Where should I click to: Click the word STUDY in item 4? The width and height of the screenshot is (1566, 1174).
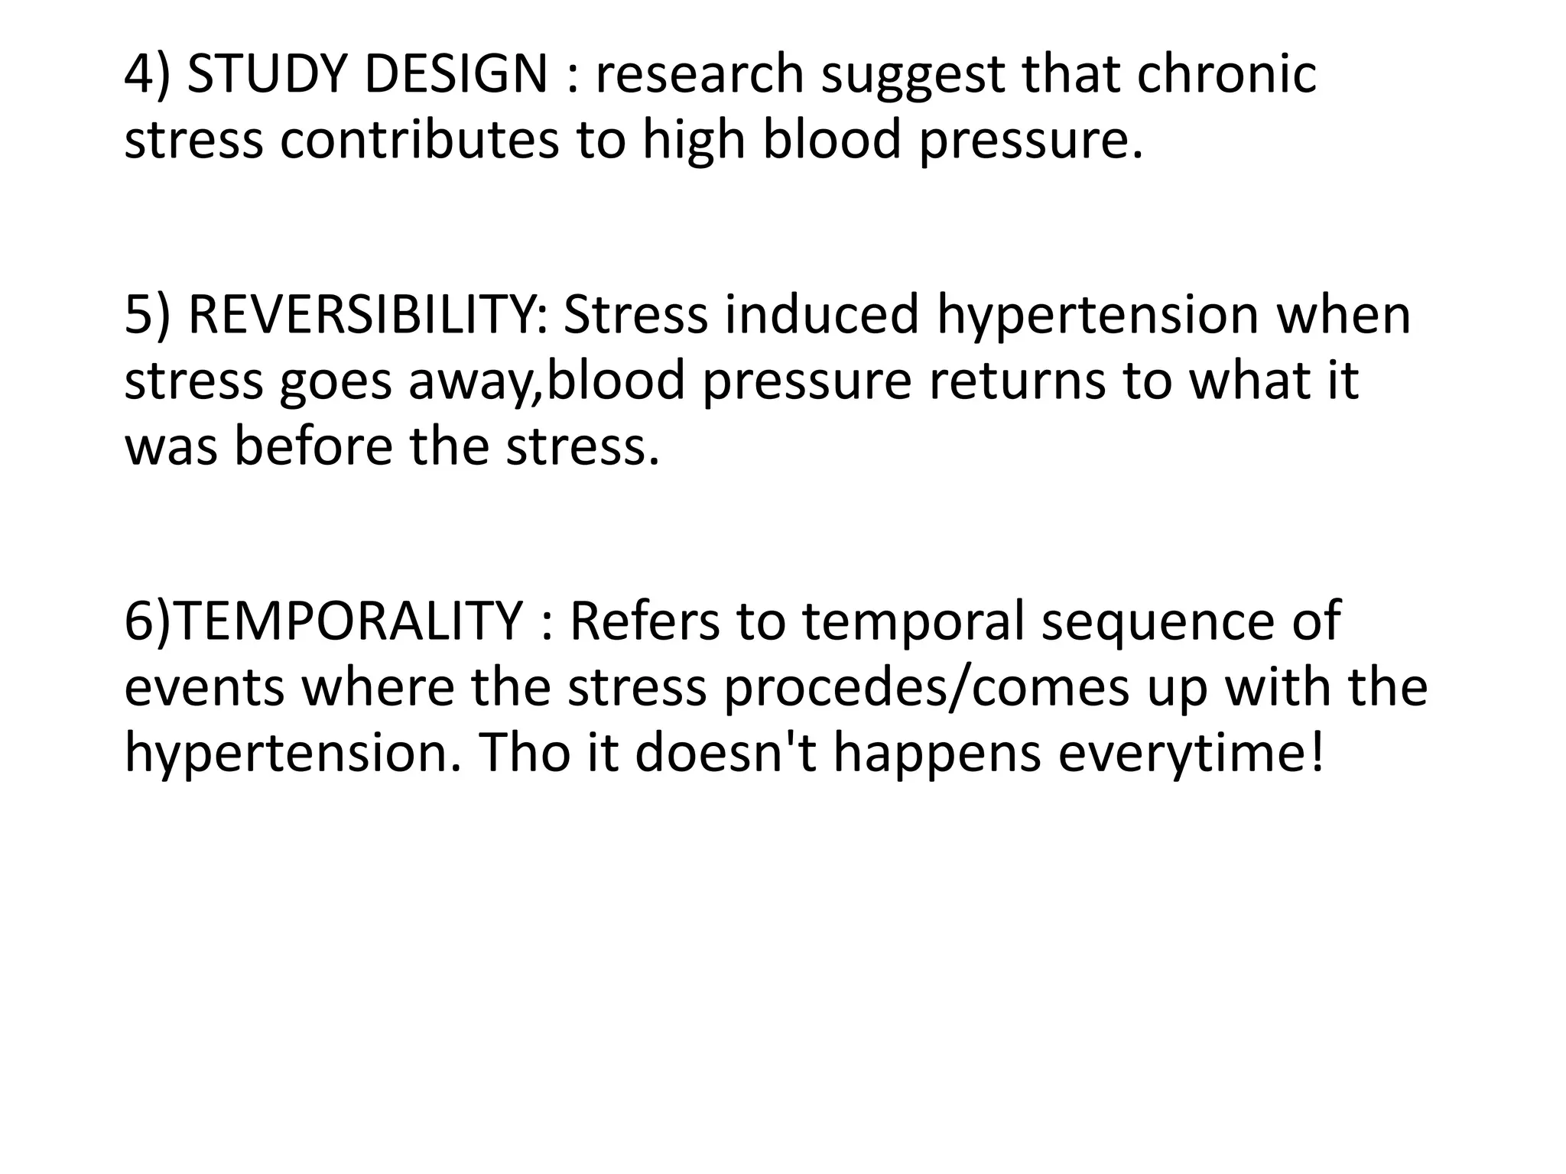tap(267, 75)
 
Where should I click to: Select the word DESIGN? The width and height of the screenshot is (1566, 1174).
tap(456, 75)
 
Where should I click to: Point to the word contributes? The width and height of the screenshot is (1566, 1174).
tap(419, 141)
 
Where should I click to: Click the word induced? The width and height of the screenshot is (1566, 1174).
tap(821, 315)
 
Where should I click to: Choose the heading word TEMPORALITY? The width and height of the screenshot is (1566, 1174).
tap(350, 621)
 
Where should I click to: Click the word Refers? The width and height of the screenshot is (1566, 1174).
tap(644, 621)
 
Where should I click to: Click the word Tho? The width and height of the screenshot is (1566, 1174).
tap(525, 752)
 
